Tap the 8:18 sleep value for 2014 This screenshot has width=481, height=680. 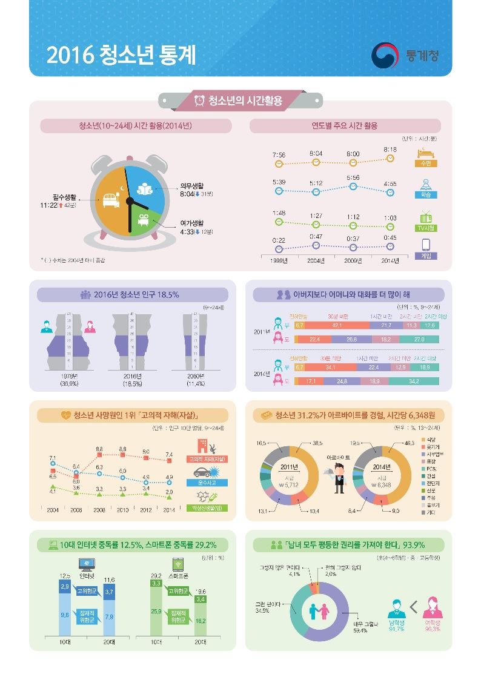point(390,149)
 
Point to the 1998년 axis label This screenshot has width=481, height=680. point(279,261)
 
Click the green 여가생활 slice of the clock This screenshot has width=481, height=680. point(148,222)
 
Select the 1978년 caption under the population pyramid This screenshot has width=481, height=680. point(64,380)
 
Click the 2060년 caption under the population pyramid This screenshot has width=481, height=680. point(196,380)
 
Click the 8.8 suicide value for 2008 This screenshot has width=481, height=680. point(99,448)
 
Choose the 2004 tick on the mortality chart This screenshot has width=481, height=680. point(53,510)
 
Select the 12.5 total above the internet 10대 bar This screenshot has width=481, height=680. point(65,576)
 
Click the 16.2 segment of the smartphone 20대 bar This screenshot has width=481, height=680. point(201,621)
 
